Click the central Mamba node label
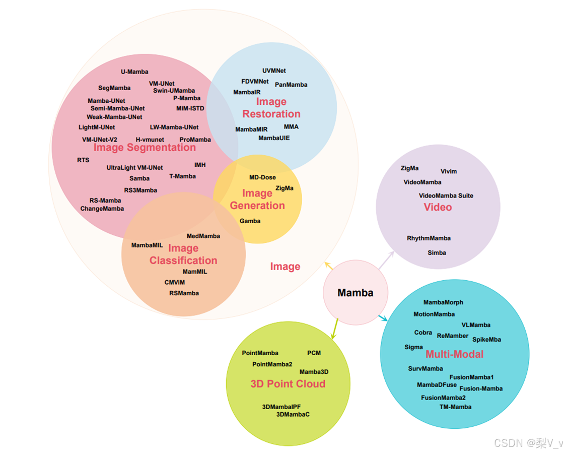pos(355,293)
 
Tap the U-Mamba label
pos(134,72)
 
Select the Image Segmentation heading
pos(145,148)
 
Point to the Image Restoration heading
pos(271,108)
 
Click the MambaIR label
pos(247,92)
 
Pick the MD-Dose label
pos(262,177)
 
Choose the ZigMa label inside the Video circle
pos(409,168)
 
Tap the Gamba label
pos(250,221)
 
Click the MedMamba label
pos(203,236)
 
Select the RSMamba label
pos(184,293)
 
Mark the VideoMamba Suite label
pos(446,196)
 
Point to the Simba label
pos(437,252)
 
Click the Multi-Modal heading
pos(454,354)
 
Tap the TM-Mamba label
pos(455,407)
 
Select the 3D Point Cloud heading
pos(288,384)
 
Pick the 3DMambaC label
pos(293,414)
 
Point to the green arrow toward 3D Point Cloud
pos(334,330)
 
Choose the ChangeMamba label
pos(102,209)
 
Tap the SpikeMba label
pos(486,340)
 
